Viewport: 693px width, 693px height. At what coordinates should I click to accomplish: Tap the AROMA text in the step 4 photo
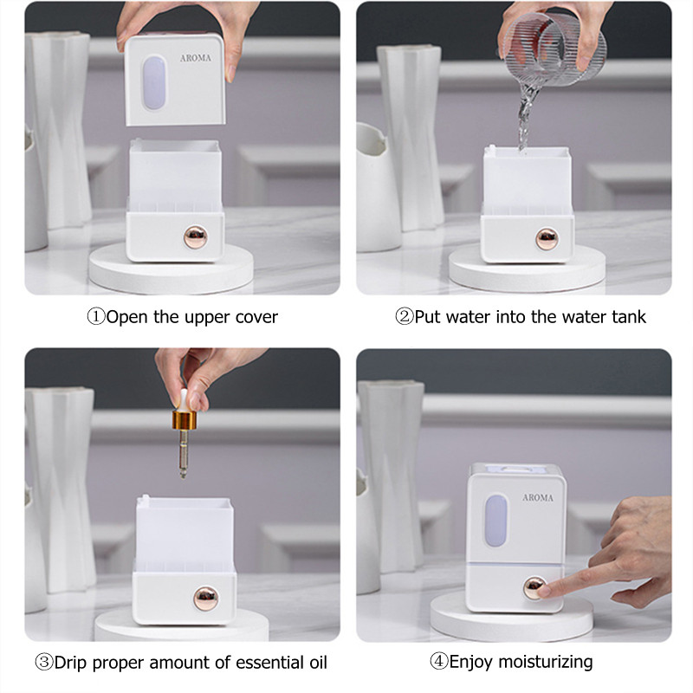tap(537, 498)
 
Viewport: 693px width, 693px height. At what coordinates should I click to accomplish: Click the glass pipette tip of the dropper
tap(184, 460)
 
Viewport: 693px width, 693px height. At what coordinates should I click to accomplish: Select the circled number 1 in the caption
tap(96, 317)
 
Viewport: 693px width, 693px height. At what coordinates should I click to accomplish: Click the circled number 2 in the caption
tap(405, 317)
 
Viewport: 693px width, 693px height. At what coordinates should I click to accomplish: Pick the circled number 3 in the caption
tap(44, 664)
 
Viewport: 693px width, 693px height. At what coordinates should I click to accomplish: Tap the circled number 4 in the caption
tap(439, 663)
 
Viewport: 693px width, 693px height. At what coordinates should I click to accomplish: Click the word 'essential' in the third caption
tap(259, 664)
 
